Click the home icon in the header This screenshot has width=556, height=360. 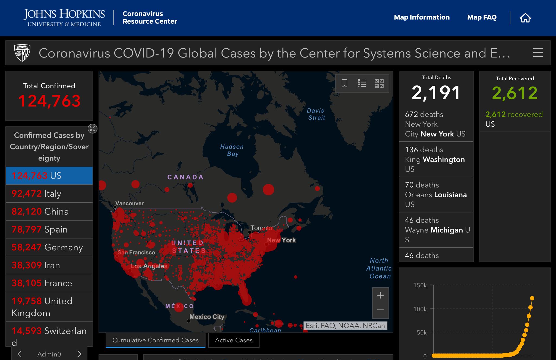[x=525, y=18]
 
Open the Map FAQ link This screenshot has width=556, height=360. [x=482, y=17]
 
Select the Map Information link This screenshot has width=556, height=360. [x=422, y=17]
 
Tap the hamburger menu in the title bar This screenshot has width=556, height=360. [x=538, y=53]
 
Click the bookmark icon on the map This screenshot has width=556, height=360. [x=344, y=83]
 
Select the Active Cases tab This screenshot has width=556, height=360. [x=233, y=340]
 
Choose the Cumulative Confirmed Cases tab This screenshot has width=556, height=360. [x=155, y=340]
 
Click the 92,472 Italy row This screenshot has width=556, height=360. [x=49, y=194]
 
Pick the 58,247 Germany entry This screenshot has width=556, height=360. [x=49, y=247]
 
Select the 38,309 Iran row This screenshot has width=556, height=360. [x=49, y=265]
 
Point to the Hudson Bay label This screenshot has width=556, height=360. [x=232, y=150]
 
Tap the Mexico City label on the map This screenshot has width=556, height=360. [x=207, y=317]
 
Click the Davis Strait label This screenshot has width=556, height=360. [x=316, y=114]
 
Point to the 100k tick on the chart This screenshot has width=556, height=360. [x=420, y=309]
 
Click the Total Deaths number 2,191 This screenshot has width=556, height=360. [x=436, y=93]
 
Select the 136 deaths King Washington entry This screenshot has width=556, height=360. [x=436, y=159]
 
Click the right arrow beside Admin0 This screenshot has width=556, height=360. [x=79, y=354]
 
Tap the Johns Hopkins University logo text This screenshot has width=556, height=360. [x=64, y=18]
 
